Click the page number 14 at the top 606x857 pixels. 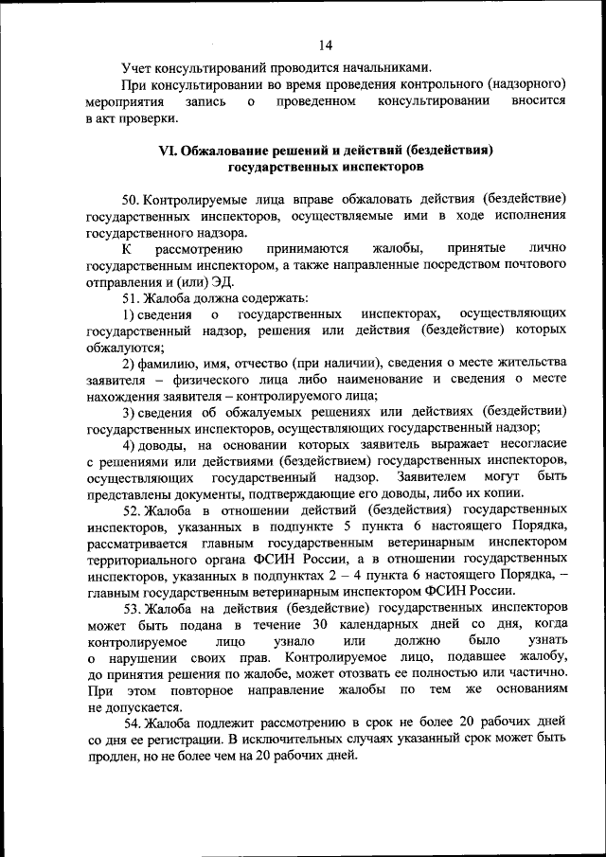click(326, 45)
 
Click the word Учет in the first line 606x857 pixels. click(138, 67)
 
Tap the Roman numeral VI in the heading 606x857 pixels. click(165, 151)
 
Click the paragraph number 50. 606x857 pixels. click(134, 200)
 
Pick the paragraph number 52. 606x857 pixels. click(134, 509)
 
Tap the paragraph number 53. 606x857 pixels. click(134, 607)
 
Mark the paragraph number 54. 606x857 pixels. click(134, 723)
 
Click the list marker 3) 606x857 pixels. click(132, 412)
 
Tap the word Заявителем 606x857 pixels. click(432, 476)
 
